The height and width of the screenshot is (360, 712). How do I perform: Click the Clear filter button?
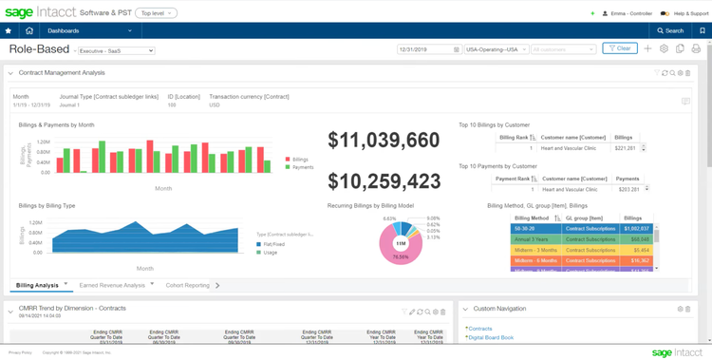(x=620, y=48)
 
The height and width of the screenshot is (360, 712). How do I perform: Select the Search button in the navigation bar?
(x=670, y=30)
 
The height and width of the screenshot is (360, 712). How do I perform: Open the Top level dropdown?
(x=156, y=13)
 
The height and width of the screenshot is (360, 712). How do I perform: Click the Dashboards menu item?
(x=64, y=30)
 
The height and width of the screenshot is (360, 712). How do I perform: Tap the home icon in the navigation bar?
(x=29, y=30)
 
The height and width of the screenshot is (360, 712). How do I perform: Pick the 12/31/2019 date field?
(x=428, y=48)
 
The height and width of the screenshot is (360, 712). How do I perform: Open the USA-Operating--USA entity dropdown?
(x=496, y=48)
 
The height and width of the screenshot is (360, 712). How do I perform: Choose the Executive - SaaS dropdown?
(x=116, y=50)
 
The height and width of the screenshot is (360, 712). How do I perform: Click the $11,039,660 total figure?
(x=384, y=141)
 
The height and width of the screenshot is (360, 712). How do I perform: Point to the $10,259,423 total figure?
(x=384, y=181)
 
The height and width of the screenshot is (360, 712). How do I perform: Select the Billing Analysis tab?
(x=38, y=285)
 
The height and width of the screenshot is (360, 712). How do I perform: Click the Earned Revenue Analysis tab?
(x=112, y=285)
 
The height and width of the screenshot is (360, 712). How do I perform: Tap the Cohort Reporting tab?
(x=187, y=285)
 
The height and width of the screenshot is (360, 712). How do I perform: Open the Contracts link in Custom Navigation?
(x=480, y=329)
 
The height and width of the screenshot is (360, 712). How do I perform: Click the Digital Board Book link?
(x=492, y=337)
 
